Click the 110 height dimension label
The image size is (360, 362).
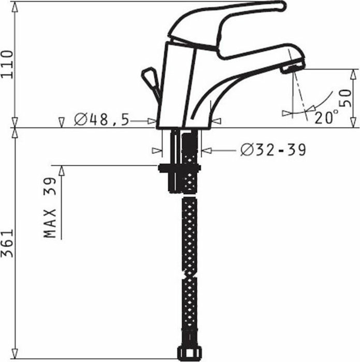[7, 64]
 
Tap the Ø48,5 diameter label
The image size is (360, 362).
[102, 120]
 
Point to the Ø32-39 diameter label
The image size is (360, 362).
[273, 150]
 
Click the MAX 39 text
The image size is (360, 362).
[50, 207]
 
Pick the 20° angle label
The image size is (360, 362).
[326, 117]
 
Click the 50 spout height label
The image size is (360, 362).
[346, 98]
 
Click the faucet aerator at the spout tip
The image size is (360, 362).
[293, 68]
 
